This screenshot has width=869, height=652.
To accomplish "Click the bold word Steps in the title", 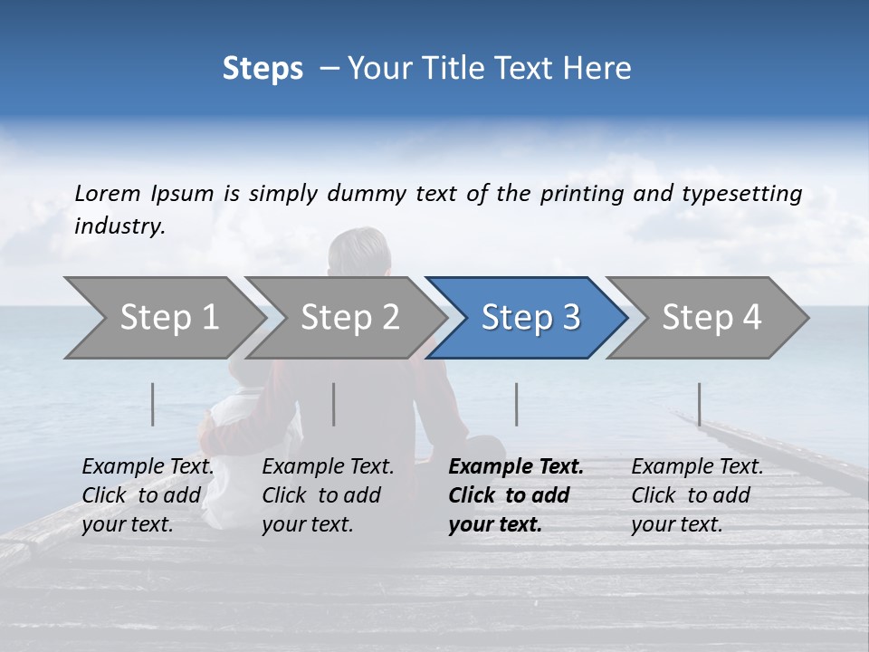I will coord(263,69).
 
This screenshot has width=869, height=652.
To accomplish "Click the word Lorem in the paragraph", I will coord(108,193).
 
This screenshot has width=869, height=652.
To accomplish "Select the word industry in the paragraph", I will coord(119,226).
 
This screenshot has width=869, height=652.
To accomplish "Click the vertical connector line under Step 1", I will coord(153,404).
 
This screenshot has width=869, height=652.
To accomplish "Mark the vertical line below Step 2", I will coord(334,404).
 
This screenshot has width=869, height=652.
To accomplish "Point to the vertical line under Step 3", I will coord(517,404).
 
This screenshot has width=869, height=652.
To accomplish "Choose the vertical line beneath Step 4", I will coord(700,404).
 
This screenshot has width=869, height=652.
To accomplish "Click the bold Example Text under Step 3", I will coord(516,467).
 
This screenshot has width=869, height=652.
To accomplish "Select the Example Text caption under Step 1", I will coord(148,467).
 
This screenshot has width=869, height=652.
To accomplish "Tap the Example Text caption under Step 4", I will coord(697,467).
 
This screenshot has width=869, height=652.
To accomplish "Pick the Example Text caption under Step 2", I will coord(328,467).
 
